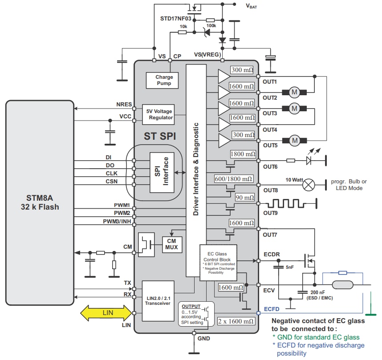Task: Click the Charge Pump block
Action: coord(164,80)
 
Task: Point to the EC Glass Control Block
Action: coord(218,262)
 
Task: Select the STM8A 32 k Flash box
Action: coord(40,202)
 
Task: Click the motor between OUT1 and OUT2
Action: coord(294,93)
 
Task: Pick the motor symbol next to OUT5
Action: coord(294,141)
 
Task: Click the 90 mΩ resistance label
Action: coord(245,198)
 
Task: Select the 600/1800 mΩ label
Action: coord(233,179)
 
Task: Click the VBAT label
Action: coord(252,6)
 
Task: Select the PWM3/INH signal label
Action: coord(117,221)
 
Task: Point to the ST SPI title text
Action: coord(159,136)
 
